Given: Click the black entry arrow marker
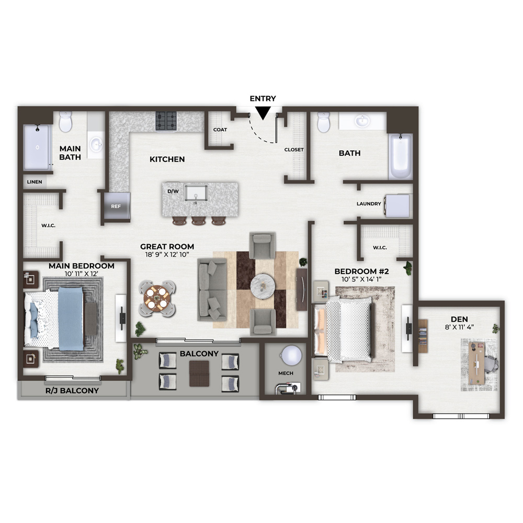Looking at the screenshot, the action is pyautogui.click(x=263, y=113).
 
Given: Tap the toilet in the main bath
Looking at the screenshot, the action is pyautogui.click(x=65, y=121).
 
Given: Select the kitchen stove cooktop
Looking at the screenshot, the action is pyautogui.click(x=166, y=121).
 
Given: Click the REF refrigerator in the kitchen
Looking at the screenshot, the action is pyautogui.click(x=116, y=206).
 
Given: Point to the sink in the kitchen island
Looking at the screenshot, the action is pyautogui.click(x=196, y=194).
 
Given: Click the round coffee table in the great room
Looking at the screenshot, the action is pyautogui.click(x=263, y=286).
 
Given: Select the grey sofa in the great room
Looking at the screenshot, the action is pyautogui.click(x=212, y=290).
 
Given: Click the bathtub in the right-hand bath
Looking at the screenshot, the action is pyautogui.click(x=401, y=156).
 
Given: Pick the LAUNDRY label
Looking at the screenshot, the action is pyautogui.click(x=369, y=204).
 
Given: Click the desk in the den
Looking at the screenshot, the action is pyautogui.click(x=476, y=362).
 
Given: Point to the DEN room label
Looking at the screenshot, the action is pyautogui.click(x=459, y=319).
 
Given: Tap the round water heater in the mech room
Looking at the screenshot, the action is pyautogui.click(x=291, y=355).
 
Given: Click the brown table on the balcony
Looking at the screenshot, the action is pyautogui.click(x=199, y=374).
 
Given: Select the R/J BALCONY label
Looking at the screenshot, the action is pyautogui.click(x=72, y=391).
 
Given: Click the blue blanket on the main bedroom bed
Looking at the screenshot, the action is pyautogui.click(x=71, y=318).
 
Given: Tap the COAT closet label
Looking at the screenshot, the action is pyautogui.click(x=220, y=130).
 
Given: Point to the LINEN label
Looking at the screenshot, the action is pyautogui.click(x=35, y=182).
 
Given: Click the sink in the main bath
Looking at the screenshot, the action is pyautogui.click(x=96, y=144).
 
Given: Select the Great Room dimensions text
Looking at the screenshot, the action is pyautogui.click(x=167, y=255).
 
